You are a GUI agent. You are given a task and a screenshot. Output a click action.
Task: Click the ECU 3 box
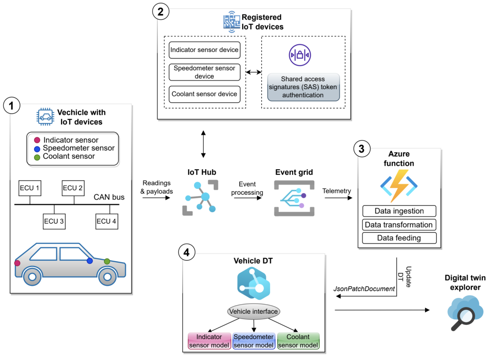pyautogui.click(x=54, y=221)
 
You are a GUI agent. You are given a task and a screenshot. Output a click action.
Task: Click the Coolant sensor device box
pyautogui.click(x=204, y=93)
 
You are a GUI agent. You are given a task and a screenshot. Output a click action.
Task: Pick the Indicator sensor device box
pyautogui.click(x=204, y=50)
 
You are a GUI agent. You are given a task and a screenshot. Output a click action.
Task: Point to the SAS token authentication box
pyautogui.click(x=303, y=87)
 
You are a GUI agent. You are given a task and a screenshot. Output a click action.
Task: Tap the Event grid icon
pyautogui.click(x=294, y=198)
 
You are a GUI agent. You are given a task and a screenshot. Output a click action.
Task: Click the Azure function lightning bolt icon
pyautogui.click(x=399, y=185)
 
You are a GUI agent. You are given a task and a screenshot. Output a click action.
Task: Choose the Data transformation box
pyautogui.click(x=399, y=225)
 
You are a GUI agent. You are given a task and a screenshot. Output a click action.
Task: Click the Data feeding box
pyautogui.click(x=399, y=238)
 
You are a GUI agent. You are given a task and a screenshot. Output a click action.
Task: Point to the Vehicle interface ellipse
pyautogui.click(x=253, y=311)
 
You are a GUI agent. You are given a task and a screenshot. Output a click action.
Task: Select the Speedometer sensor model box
pyautogui.click(x=253, y=340)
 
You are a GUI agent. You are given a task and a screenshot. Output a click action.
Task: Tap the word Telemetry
pyautogui.click(x=337, y=191)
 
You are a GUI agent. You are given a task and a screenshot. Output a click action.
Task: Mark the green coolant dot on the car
pyautogui.click(x=107, y=261)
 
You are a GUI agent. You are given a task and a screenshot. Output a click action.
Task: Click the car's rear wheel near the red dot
pyautogui.click(x=32, y=277)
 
